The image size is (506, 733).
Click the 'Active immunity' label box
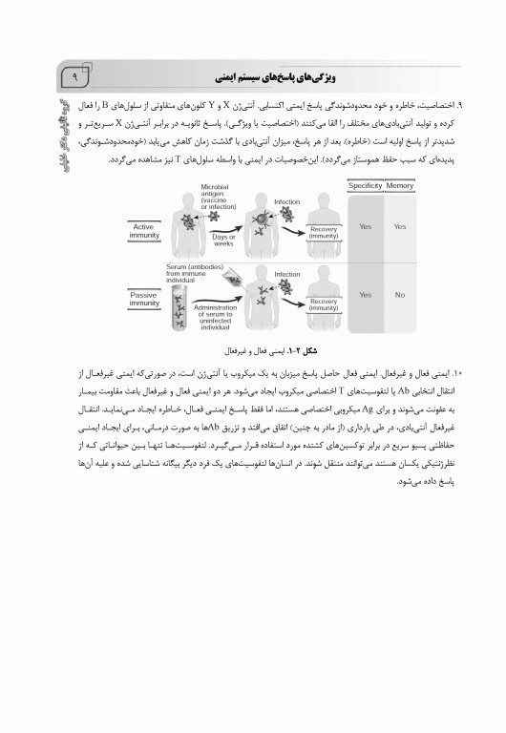(143, 229)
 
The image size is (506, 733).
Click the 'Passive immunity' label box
(143, 299)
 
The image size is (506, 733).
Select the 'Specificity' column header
(365, 185)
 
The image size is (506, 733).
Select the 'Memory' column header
(400, 185)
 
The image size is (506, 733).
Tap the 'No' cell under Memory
(400, 296)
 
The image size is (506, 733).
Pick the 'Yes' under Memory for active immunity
(400, 227)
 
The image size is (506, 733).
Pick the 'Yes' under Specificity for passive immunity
(365, 296)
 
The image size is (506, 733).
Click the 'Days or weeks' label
(223, 239)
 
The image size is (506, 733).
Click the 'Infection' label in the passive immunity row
(286, 274)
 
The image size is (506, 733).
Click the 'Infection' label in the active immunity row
(286, 202)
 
